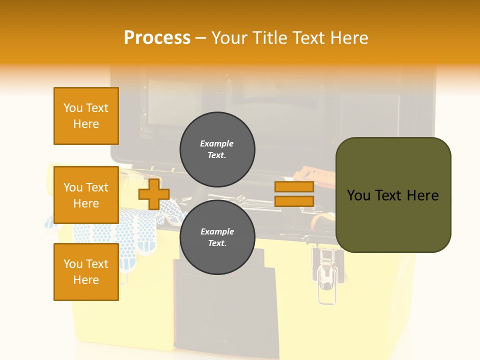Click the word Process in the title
pyautogui.click(x=157, y=37)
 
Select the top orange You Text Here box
pyautogui.click(x=86, y=116)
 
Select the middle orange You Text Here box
pyautogui.click(x=86, y=195)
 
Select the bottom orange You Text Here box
pyautogui.click(x=86, y=272)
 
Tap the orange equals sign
pyautogui.click(x=294, y=194)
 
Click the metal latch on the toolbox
pyautogui.click(x=327, y=275)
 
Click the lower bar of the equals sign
pyautogui.click(x=294, y=201)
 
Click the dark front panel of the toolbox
pyautogui.click(x=225, y=310)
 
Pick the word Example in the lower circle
pyautogui.click(x=217, y=231)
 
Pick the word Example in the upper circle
pyautogui.click(x=217, y=143)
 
